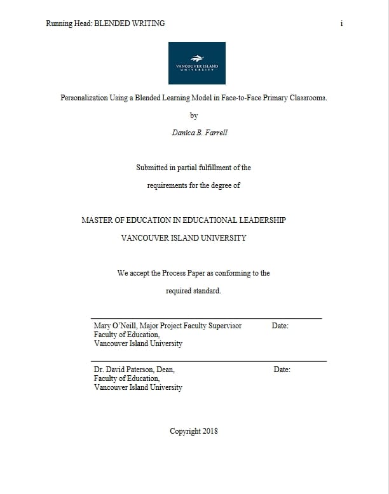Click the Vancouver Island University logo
coord(196,63)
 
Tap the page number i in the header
coord(341,23)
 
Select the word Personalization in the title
coord(86,98)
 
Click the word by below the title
coord(194,116)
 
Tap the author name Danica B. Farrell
coord(200,133)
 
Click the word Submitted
coord(153,168)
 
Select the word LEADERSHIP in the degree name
coord(257,220)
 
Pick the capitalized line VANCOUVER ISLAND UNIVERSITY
coord(184,238)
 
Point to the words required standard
coord(193,291)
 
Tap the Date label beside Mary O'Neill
coord(280,326)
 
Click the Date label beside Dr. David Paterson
coord(282,370)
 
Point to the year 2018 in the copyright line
coord(210,431)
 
